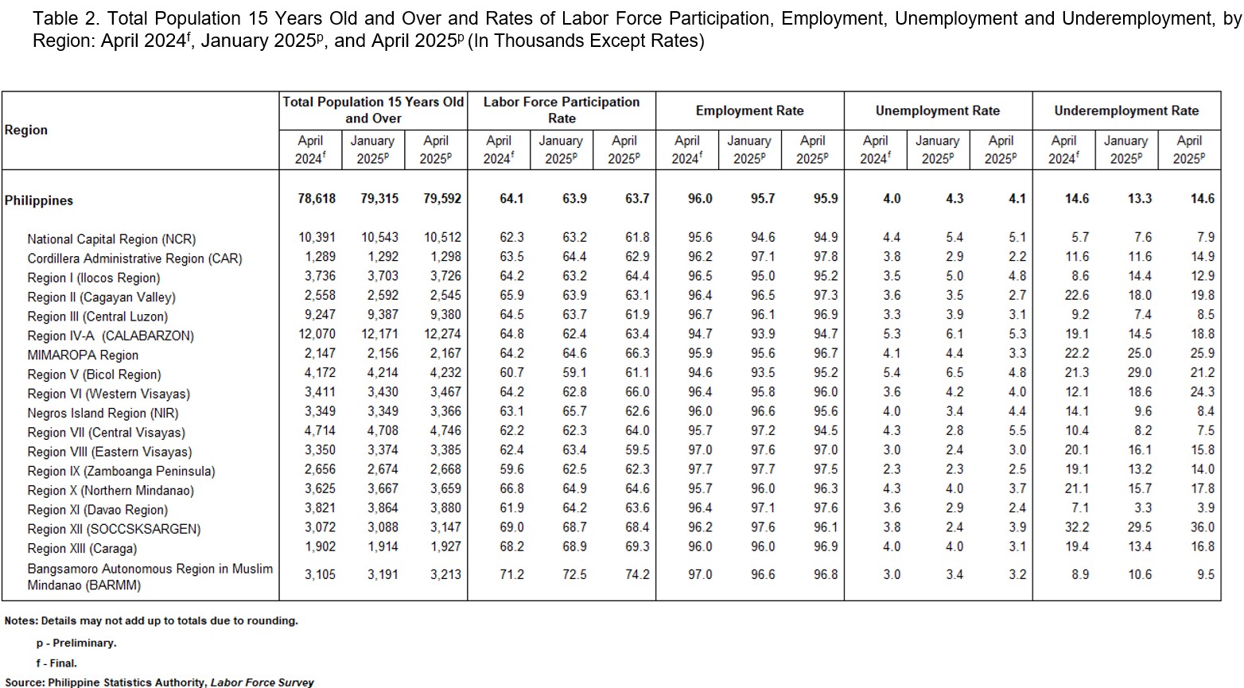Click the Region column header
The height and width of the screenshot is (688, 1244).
[26, 130]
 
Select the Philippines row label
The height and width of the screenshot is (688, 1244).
[39, 200]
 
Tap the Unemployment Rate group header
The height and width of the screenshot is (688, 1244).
[938, 111]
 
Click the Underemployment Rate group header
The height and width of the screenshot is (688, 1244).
[1126, 111]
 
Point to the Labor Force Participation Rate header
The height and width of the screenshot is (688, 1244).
[562, 110]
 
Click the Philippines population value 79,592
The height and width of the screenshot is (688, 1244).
[442, 199]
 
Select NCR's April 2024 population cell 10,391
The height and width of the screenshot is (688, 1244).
[317, 237]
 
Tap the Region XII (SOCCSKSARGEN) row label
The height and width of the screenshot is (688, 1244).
[114, 529]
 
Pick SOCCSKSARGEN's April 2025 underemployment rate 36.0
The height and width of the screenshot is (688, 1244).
[1203, 527]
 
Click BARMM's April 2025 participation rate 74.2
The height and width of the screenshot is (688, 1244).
[637, 574]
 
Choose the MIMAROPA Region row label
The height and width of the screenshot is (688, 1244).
[83, 355]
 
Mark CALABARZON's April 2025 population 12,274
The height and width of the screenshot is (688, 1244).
[442, 334]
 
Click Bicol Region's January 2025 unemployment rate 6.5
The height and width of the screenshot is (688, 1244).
[954, 372]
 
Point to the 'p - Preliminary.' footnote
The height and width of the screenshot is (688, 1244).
[76, 643]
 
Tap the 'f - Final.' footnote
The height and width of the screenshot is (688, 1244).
[56, 663]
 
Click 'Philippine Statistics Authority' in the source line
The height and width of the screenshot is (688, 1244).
[127, 682]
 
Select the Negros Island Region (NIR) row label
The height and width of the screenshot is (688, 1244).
[103, 413]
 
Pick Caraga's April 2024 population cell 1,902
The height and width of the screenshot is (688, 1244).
[320, 546]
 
